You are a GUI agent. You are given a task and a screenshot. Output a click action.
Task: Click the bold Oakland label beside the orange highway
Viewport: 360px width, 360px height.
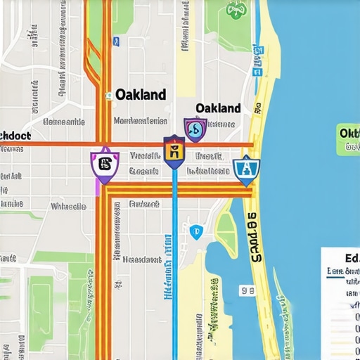pyautogui.click(x=140, y=94)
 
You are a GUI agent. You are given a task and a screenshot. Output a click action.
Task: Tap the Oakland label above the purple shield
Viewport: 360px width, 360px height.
pyautogui.click(x=218, y=108)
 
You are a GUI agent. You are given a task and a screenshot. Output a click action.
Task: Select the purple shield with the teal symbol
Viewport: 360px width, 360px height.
pyautogui.click(x=195, y=129)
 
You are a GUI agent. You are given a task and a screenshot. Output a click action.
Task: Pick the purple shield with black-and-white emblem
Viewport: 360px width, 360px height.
pyautogui.click(x=105, y=165)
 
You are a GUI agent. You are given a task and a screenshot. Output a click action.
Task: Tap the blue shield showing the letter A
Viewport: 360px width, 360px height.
pyautogui.click(x=246, y=169)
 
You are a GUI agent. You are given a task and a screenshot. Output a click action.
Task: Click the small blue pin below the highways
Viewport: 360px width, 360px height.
pyautogui.click(x=195, y=230)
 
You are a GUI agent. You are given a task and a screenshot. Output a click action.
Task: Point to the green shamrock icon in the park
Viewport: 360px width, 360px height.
pyautogui.click(x=236, y=9)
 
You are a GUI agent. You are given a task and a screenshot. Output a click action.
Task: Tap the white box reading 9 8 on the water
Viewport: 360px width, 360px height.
pyautogui.click(x=247, y=290)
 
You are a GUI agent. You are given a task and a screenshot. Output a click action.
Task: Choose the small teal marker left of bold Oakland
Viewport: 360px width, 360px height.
pyautogui.click(x=108, y=96)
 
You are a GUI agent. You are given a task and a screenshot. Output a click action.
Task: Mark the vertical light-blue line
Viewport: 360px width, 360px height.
pyautogui.click(x=174, y=267)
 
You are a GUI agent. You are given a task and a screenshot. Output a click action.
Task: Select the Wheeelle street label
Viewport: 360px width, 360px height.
pyautogui.click(x=68, y=207)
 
